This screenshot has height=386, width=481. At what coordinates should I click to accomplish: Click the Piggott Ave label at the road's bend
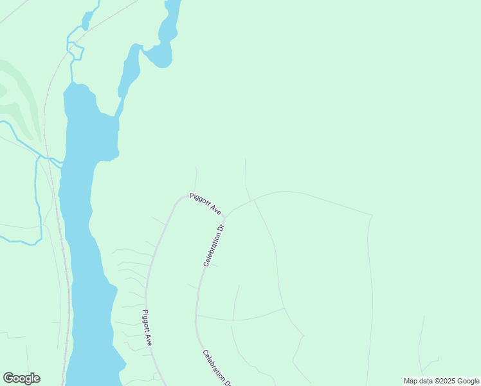pos(206,205)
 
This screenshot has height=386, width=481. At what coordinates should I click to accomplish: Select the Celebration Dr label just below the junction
pos(214,245)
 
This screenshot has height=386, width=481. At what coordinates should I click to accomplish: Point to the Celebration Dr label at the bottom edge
pos(217,368)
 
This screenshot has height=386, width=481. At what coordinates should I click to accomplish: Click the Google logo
pos(21,378)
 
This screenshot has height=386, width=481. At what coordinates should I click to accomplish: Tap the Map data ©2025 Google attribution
pos(441,381)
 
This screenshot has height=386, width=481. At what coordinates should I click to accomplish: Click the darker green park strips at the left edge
pos(19,96)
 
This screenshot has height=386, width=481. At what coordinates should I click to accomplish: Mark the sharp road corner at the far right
pos(372,215)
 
